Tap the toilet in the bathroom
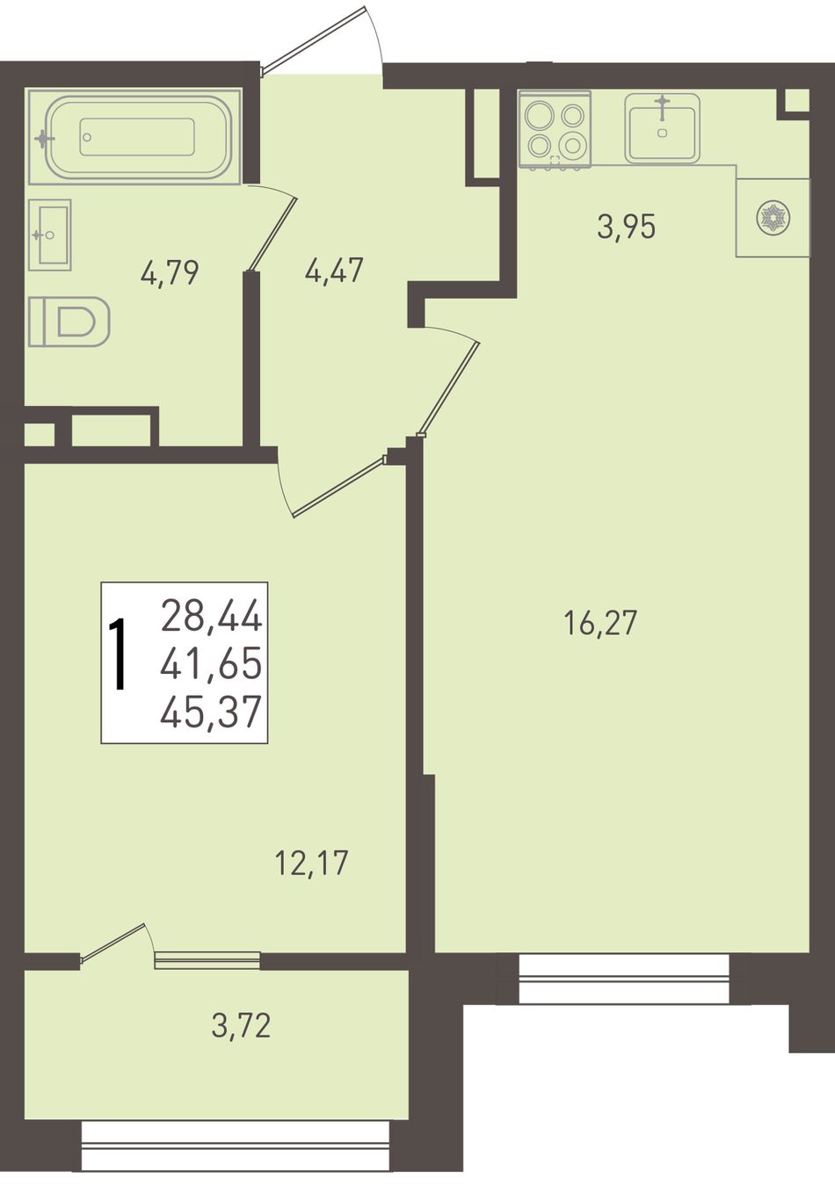[x=69, y=322]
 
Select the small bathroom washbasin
[x=50, y=235]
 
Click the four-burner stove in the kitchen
[x=555, y=130]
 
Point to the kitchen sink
[x=662, y=128]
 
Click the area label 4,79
[x=170, y=273]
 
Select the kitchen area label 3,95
[x=626, y=227]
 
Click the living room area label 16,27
[x=600, y=623]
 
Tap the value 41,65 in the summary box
[x=212, y=663]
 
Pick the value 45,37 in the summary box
[x=212, y=711]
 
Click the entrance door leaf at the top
[x=314, y=38]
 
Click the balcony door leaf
[x=113, y=942]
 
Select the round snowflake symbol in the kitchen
[x=773, y=217]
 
